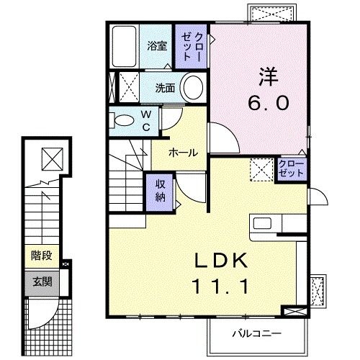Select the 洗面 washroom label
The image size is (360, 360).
click(165, 89)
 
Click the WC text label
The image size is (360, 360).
click(145, 120)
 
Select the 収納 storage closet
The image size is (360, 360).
click(160, 192)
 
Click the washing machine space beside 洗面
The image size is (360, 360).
click(129, 89)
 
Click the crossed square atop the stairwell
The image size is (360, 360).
click(50, 156)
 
